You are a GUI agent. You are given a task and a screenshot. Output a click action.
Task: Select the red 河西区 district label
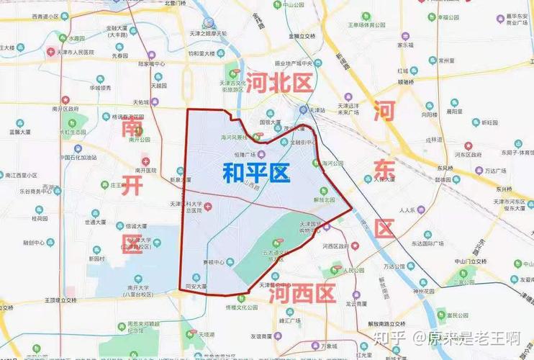click(x=302, y=294)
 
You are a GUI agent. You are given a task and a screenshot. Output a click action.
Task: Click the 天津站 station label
click(x=317, y=110)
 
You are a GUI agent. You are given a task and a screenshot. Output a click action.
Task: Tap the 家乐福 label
click(x=407, y=45)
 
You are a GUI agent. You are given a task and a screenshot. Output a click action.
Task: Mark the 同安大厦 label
click(x=196, y=287)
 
